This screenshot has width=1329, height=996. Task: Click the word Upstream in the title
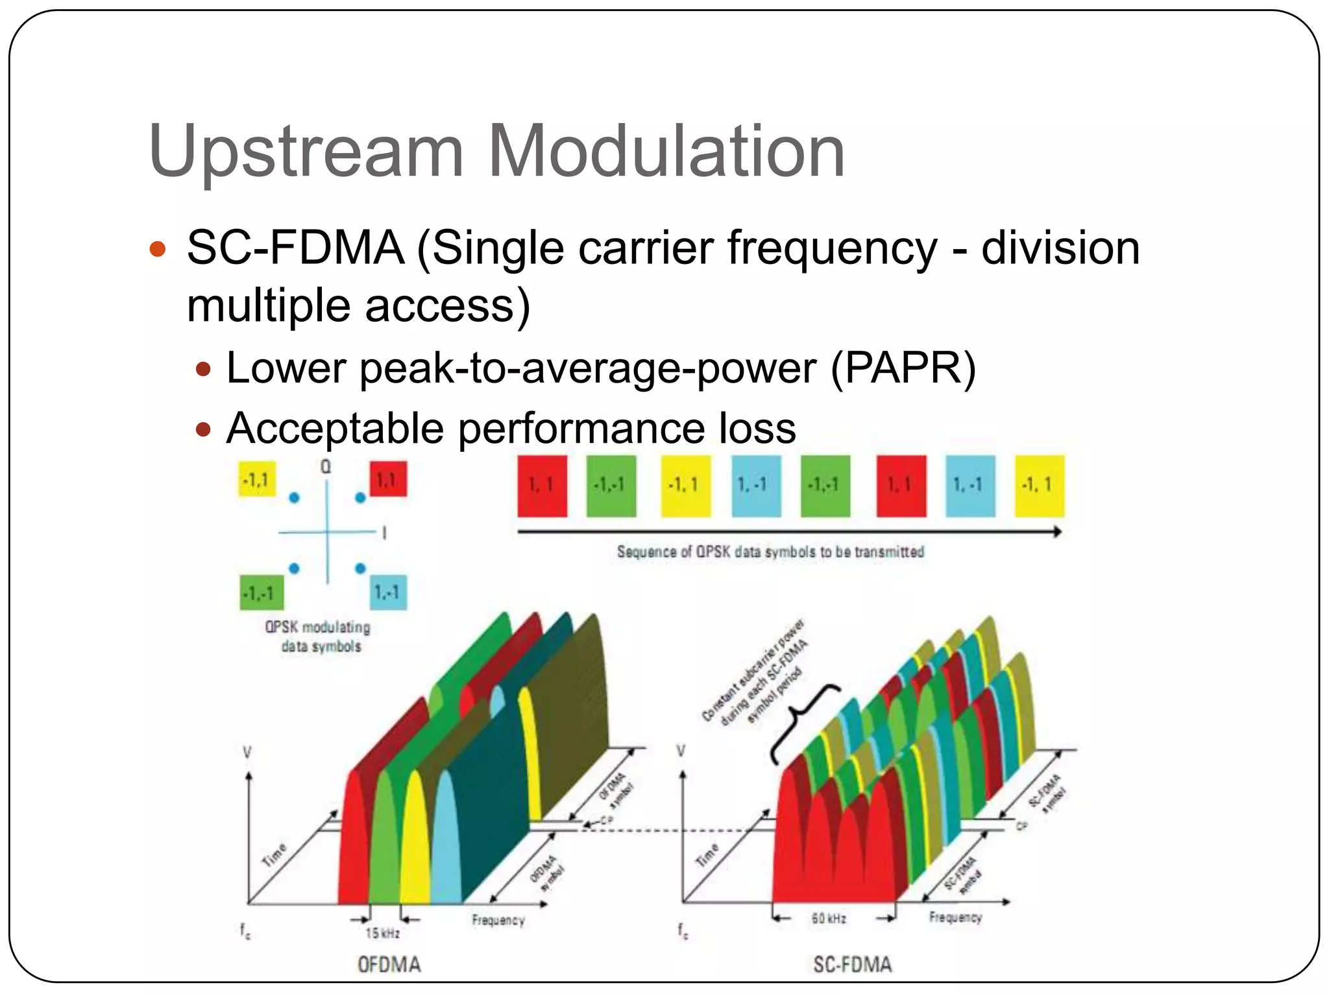(306, 153)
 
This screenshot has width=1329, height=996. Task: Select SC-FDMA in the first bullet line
(295, 248)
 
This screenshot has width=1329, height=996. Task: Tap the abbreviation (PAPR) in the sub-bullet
(903, 368)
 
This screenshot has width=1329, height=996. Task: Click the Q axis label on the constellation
(326, 467)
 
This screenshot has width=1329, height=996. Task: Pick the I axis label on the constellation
(385, 533)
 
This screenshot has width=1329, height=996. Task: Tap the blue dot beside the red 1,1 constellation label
(360, 498)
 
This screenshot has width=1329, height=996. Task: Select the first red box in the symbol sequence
(542, 486)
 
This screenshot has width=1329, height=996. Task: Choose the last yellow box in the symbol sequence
(1039, 486)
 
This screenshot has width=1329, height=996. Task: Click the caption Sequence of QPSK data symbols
(770, 552)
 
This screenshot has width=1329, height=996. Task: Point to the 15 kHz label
(382, 933)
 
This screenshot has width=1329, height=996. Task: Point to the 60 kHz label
(829, 919)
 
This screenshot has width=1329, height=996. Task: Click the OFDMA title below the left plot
(389, 964)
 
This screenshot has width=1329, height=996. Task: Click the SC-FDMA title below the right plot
(853, 964)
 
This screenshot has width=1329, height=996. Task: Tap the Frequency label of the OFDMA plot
(498, 920)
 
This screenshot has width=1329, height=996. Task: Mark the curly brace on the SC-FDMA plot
(802, 723)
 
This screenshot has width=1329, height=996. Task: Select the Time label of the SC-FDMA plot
(707, 855)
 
